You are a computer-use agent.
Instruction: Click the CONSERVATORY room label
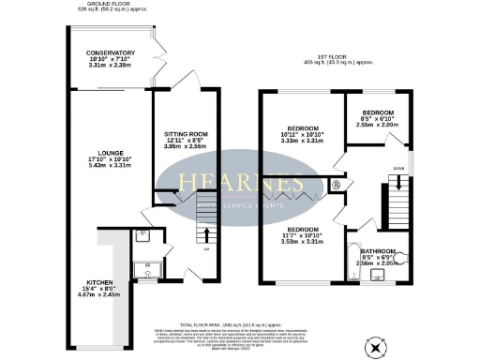[x=111, y=53]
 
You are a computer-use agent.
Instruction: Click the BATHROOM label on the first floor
[x=377, y=251]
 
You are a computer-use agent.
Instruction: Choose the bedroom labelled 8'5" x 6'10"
[x=377, y=112]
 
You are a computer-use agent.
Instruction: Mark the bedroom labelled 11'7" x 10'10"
[x=302, y=229]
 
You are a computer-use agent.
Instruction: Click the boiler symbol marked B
[x=337, y=185]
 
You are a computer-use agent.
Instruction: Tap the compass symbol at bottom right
[x=378, y=347]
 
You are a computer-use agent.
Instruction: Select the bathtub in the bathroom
[x=352, y=265]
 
